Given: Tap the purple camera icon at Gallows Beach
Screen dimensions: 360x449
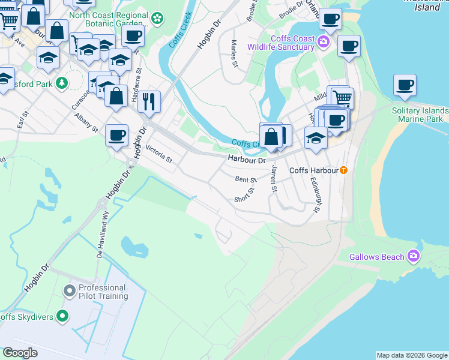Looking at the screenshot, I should click(413, 257).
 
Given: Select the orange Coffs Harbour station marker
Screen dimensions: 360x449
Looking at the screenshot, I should click(343, 170).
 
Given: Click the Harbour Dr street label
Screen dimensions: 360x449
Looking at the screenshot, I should click(246, 160).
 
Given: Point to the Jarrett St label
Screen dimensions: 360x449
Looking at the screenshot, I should click(274, 179).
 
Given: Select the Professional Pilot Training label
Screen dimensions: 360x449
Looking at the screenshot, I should click(103, 292).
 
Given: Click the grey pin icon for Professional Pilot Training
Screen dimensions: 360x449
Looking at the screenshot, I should click(69, 291).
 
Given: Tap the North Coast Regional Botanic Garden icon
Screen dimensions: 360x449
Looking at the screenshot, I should click(157, 18).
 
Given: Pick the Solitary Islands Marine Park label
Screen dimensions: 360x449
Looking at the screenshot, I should click(420, 115).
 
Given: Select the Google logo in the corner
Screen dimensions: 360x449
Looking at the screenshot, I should click(20, 353).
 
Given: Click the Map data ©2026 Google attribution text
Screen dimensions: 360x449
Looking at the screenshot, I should click(412, 355).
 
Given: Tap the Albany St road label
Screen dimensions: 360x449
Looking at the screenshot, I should click(87, 121).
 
